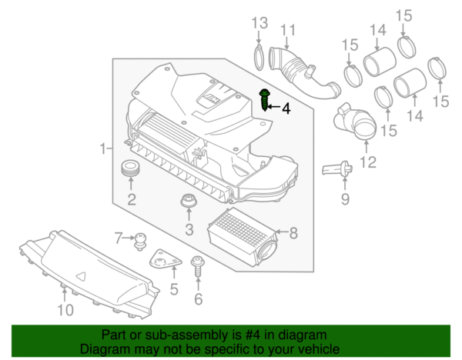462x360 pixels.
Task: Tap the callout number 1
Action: [103, 146]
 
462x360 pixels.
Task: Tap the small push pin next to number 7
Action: [141, 242]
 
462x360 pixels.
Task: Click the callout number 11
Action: [287, 31]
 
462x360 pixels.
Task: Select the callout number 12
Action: [367, 162]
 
